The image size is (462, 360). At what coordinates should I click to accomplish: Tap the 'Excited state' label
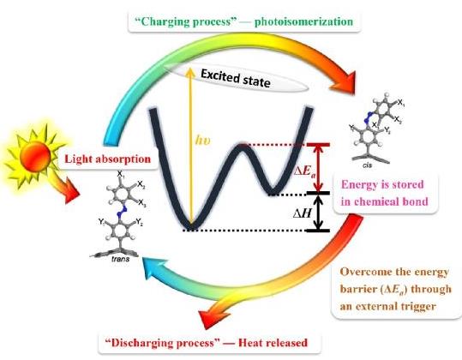[x=235, y=78]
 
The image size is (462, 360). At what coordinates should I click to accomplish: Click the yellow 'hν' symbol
[x=203, y=141]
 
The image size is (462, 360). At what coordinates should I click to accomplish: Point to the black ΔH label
[x=302, y=213]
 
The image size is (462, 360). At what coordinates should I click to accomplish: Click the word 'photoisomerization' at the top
[x=303, y=22]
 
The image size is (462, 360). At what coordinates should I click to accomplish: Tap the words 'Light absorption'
[x=107, y=159]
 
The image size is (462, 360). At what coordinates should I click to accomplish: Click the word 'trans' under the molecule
[x=121, y=259]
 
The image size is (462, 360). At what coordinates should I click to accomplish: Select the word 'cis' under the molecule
[x=368, y=165]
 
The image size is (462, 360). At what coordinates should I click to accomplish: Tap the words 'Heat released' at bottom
[x=273, y=343]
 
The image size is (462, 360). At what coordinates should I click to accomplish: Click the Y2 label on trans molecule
[x=140, y=223]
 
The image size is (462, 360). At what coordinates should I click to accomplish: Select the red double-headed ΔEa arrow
[x=318, y=169]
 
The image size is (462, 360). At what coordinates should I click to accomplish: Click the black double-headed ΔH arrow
[x=318, y=213]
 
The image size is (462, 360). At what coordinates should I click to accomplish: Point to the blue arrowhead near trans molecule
[x=153, y=267]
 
